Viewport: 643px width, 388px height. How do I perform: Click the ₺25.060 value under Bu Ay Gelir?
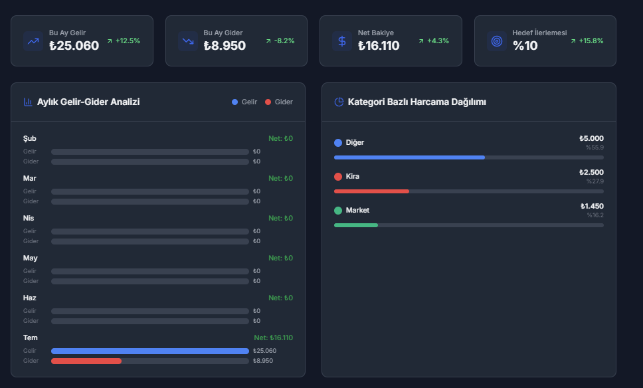pyautogui.click(x=74, y=46)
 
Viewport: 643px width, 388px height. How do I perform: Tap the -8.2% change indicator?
pyautogui.click(x=284, y=41)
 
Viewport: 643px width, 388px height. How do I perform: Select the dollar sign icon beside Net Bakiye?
pyautogui.click(x=342, y=41)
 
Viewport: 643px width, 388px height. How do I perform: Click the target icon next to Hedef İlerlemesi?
pyautogui.click(x=497, y=41)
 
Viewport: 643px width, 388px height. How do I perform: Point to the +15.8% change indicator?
pyautogui.click(x=591, y=41)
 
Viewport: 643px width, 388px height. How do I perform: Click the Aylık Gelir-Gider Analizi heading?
pyautogui.click(x=88, y=102)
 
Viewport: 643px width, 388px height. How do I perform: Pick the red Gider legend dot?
pyautogui.click(x=268, y=102)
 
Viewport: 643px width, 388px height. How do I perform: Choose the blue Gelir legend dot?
pyautogui.click(x=234, y=102)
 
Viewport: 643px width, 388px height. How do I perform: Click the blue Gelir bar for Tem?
pyautogui.click(x=150, y=351)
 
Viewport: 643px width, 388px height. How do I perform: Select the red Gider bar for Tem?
pyautogui.click(x=86, y=361)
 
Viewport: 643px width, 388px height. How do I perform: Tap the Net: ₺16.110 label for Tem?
pyautogui.click(x=273, y=338)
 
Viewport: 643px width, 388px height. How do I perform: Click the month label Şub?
pyautogui.click(x=29, y=138)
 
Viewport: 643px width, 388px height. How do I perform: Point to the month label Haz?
pyautogui.click(x=29, y=298)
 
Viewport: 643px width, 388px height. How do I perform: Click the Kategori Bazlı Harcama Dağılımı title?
pyautogui.click(x=416, y=102)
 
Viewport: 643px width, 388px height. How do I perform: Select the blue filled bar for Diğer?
pyautogui.click(x=409, y=157)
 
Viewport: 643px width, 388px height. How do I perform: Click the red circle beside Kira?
pyautogui.click(x=338, y=176)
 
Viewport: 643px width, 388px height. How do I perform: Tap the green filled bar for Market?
pyautogui.click(x=356, y=225)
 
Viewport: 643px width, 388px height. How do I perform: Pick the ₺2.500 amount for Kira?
pyautogui.click(x=591, y=172)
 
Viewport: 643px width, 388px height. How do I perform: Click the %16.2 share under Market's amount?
pyautogui.click(x=595, y=215)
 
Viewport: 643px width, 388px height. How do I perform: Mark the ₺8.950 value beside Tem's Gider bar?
pyautogui.click(x=263, y=361)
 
